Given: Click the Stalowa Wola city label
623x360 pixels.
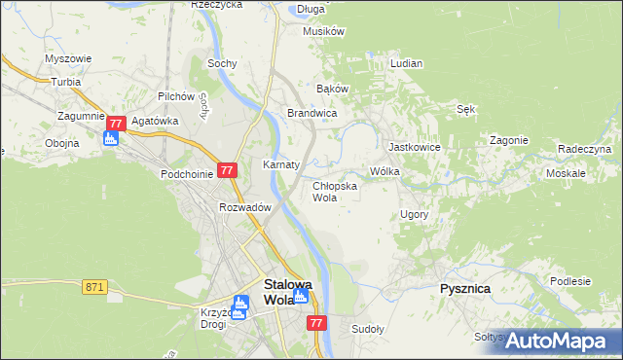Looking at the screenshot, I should click(289, 292).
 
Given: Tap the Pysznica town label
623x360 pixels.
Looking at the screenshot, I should click(463, 289).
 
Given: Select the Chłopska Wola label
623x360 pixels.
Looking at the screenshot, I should click(335, 191).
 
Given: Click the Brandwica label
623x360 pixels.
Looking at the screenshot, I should click(311, 113).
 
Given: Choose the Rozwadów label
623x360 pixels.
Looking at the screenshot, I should click(244, 206).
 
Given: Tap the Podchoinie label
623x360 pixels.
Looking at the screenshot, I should click(187, 173).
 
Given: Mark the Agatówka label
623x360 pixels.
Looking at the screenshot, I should click(156, 121).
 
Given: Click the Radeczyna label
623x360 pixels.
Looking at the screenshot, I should click(584, 149).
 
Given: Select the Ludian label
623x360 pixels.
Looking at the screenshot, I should click(406, 63).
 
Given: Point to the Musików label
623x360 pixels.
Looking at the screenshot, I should click(324, 31).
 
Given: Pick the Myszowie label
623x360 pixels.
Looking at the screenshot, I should click(68, 58).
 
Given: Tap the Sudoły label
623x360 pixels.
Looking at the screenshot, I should click(368, 329).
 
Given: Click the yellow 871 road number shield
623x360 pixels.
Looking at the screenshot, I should click(94, 286).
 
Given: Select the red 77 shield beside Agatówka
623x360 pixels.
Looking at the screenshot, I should click(116, 124).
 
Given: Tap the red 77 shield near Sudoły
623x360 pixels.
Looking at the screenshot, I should click(315, 322).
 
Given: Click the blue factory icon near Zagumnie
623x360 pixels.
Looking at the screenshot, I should click(111, 139).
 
